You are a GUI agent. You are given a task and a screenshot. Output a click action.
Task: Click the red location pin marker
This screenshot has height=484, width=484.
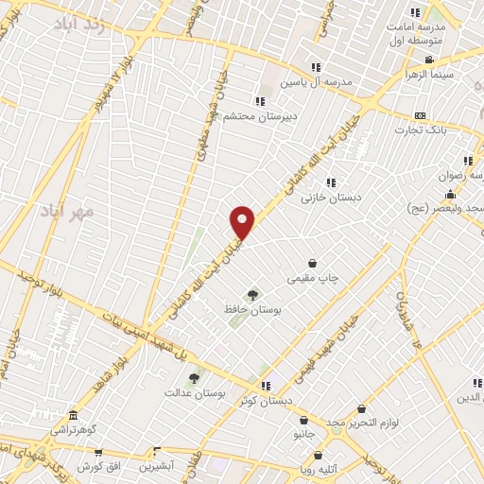[x=243, y=222]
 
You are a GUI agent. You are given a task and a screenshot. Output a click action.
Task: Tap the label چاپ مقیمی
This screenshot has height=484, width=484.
[x=314, y=278]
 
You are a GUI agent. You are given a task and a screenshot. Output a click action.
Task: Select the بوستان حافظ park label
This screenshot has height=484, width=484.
[x=249, y=309]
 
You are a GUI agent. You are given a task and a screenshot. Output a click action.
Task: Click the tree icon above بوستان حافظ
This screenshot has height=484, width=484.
[x=251, y=294]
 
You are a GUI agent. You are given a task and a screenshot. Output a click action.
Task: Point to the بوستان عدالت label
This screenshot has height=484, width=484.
[x=194, y=391]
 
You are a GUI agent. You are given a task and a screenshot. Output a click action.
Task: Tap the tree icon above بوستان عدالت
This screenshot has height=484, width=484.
[x=195, y=377]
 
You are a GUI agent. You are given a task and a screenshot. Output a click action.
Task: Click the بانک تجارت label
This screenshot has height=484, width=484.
[x=421, y=130]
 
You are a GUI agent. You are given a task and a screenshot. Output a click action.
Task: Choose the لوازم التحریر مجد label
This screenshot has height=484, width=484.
[x=364, y=423]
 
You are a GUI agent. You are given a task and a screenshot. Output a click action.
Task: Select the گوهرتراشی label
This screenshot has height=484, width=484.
[x=74, y=429]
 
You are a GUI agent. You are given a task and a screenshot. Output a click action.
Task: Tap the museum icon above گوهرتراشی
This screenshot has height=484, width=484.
[x=74, y=415]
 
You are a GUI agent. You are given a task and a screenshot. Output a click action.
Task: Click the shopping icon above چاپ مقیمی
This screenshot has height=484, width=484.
[x=313, y=263]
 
